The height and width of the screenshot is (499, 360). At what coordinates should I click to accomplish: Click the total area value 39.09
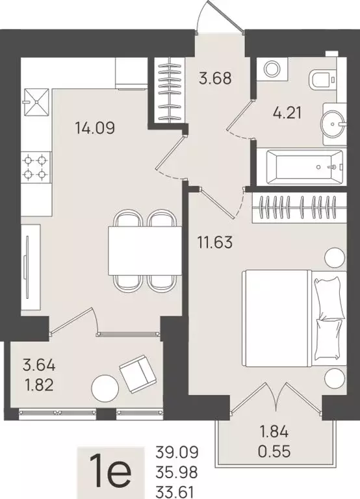177,452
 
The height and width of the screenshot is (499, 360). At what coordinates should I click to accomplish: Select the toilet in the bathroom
321,80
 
